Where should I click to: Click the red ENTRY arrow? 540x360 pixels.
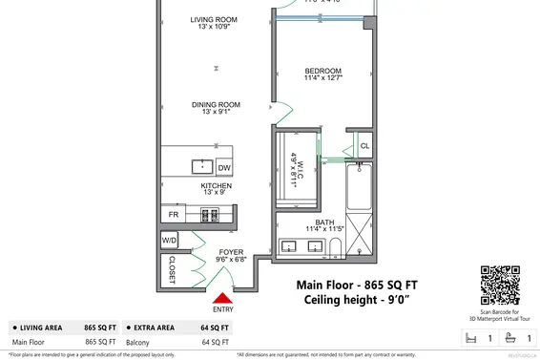coord(223,300)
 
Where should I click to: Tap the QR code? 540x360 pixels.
coord(498,283)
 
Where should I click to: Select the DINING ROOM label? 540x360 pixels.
coord(215,107)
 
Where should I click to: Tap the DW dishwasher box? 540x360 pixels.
coord(224,168)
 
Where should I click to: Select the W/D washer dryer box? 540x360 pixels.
coord(170,240)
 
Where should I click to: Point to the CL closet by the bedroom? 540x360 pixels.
coord(364,146)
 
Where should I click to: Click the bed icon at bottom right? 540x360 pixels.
coord(467,337)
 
